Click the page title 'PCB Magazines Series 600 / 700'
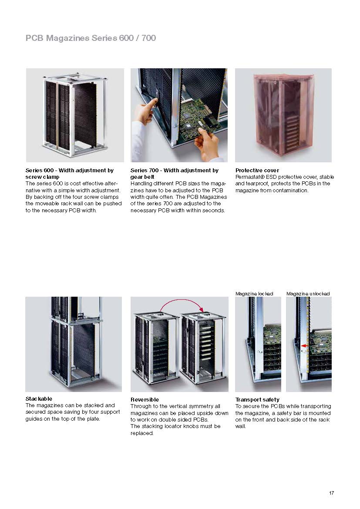(x=91, y=38)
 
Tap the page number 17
(x=331, y=493)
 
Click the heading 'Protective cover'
(x=257, y=170)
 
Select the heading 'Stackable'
(x=39, y=398)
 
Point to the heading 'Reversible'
(x=145, y=399)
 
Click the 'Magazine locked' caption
(x=254, y=294)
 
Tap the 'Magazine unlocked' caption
(x=308, y=294)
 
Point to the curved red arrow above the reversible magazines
(x=182, y=301)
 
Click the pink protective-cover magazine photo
(x=283, y=115)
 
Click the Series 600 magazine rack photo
(x=74, y=115)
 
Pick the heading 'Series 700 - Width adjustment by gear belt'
(x=174, y=174)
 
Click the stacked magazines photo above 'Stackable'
(x=73, y=344)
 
